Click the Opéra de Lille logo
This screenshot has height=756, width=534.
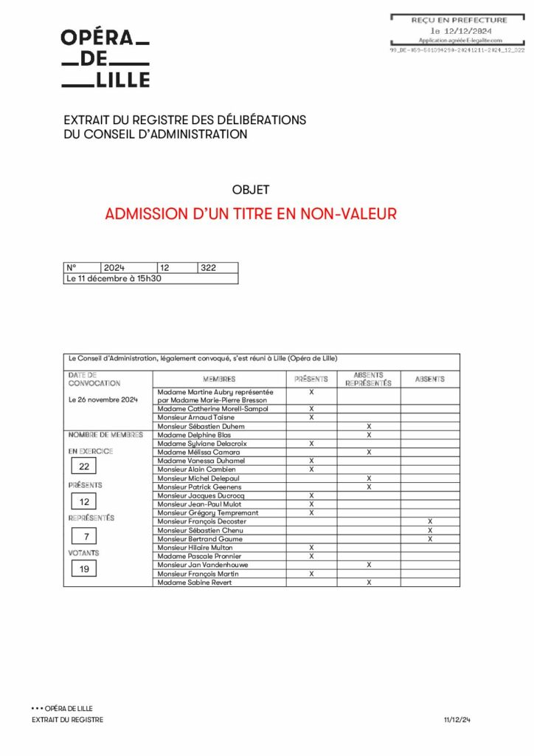105,59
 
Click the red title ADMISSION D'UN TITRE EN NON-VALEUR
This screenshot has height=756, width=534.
251,214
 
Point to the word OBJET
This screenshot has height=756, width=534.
251,190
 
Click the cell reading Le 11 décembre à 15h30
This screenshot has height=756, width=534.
114,278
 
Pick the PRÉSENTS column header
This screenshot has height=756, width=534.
311,379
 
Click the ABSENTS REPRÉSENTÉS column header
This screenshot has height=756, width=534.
368,379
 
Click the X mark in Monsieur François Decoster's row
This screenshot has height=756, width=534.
430,521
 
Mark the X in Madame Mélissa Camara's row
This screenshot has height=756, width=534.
369,452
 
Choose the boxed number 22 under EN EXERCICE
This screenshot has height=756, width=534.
84,467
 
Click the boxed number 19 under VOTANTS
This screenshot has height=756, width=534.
84,569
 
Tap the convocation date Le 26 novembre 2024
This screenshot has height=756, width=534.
103,399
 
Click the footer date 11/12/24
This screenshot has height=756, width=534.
457,720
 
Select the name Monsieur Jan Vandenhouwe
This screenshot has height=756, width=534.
203,565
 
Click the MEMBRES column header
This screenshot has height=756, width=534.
219,379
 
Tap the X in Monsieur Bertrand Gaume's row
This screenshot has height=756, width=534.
430,539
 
